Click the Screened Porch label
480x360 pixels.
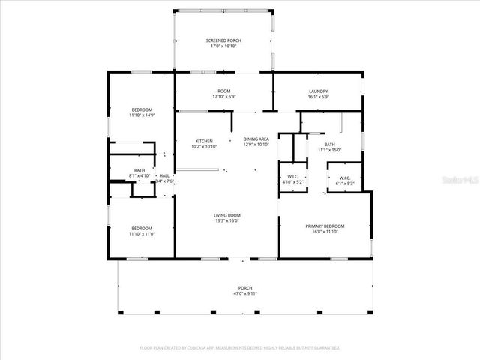click(x=223, y=40)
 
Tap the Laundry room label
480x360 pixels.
click(x=319, y=91)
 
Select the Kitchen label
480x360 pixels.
click(x=204, y=141)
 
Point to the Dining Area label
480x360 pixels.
click(x=256, y=139)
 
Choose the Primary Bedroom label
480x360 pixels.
click(x=325, y=226)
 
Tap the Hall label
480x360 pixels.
click(x=163, y=175)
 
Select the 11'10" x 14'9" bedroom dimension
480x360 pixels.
click(x=141, y=115)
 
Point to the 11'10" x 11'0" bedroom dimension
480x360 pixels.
click(x=141, y=234)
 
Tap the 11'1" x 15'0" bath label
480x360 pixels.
click(x=329, y=150)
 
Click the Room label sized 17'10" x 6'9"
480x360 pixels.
click(x=224, y=97)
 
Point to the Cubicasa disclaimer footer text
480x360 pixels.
click(x=239, y=348)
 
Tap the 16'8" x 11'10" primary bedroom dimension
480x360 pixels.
click(x=325, y=232)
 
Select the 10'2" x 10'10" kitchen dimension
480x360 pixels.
click(x=204, y=147)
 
